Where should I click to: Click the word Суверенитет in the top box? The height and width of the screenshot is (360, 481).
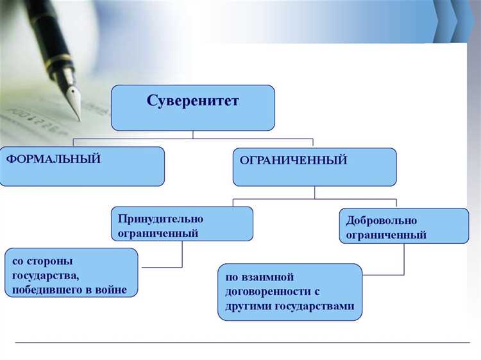[192, 101]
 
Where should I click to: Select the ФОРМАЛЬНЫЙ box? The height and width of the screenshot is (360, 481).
[82, 166]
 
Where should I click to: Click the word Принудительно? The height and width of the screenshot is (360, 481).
[160, 218]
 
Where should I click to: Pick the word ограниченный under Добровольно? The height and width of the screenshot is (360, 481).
[386, 235]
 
